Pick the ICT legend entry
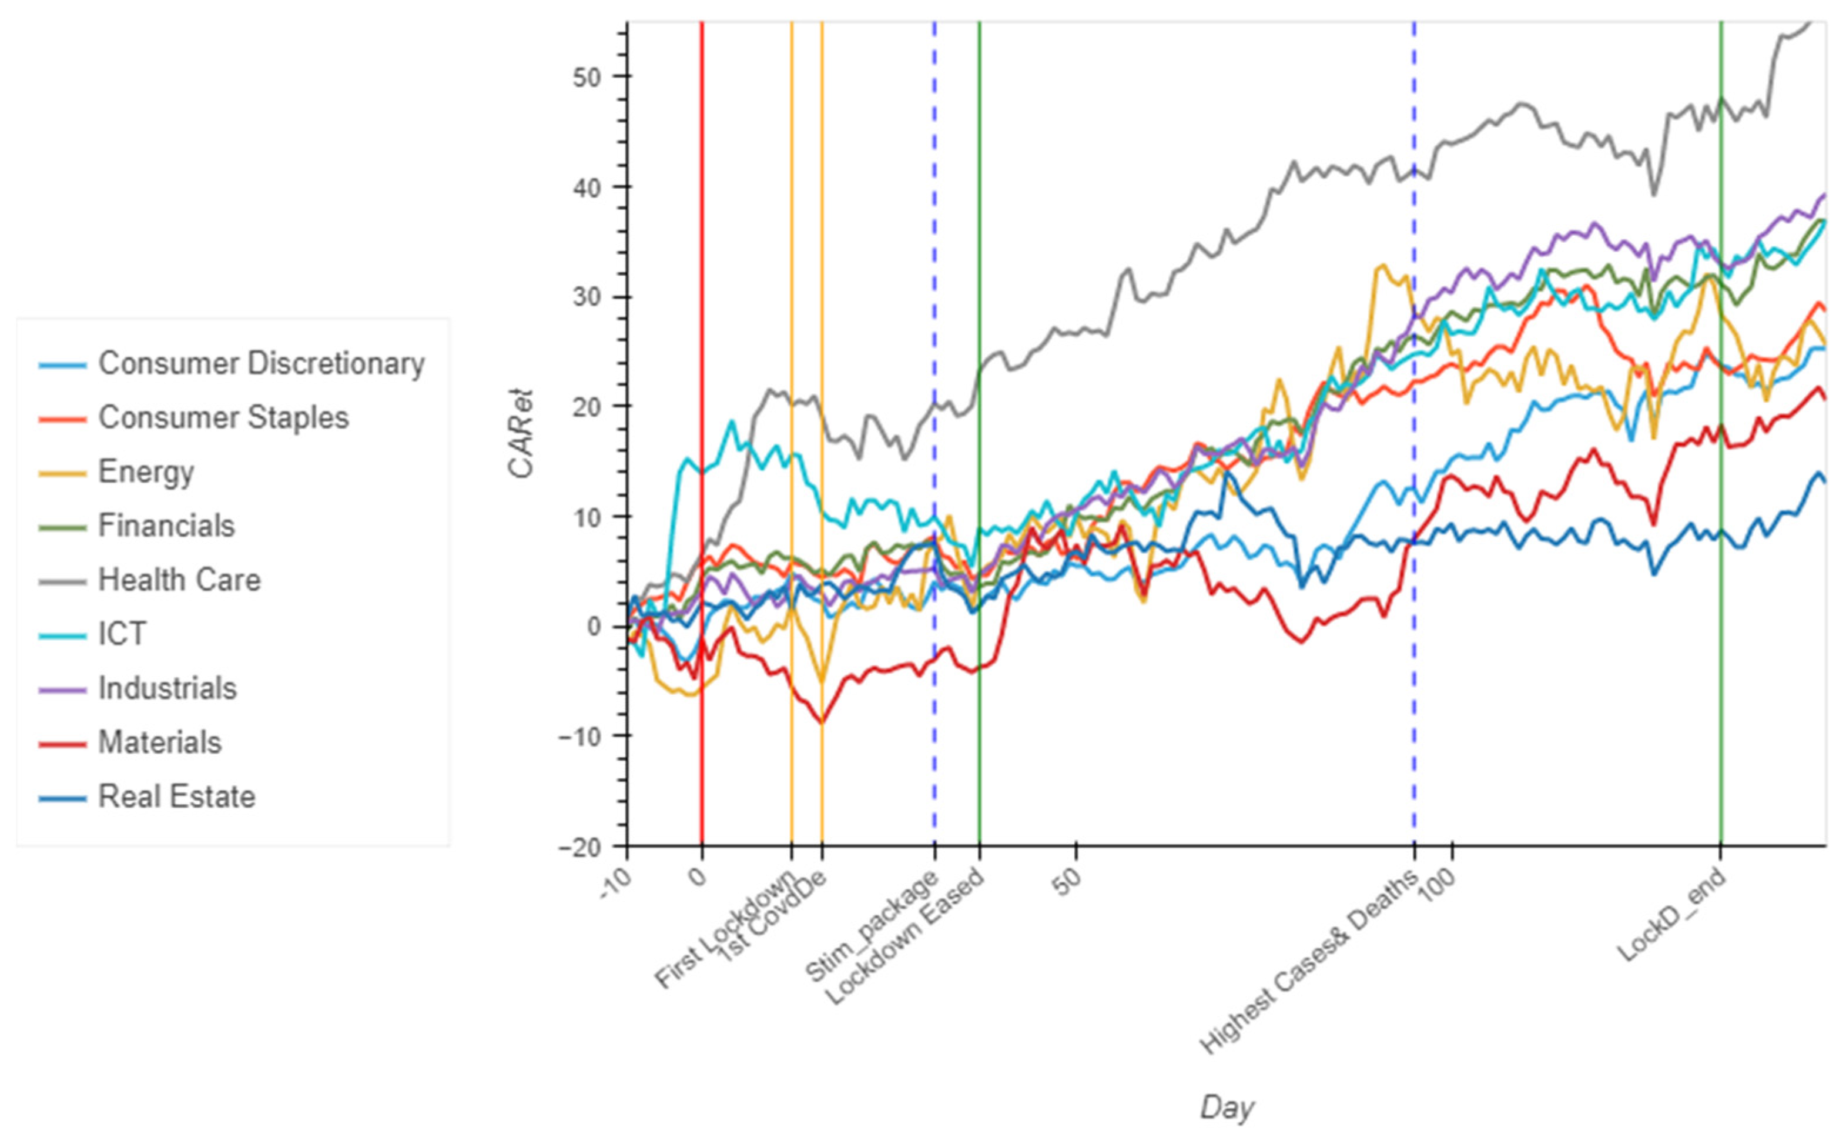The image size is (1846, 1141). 122,634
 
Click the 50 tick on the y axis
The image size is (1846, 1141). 586,77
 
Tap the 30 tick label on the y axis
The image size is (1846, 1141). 586,297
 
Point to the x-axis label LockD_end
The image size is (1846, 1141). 1671,915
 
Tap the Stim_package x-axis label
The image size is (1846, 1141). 872,925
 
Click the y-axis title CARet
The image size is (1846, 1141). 521,434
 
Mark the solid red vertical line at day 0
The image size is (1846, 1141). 702,377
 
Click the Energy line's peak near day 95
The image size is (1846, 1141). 1382,266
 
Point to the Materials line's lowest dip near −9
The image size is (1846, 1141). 822,723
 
